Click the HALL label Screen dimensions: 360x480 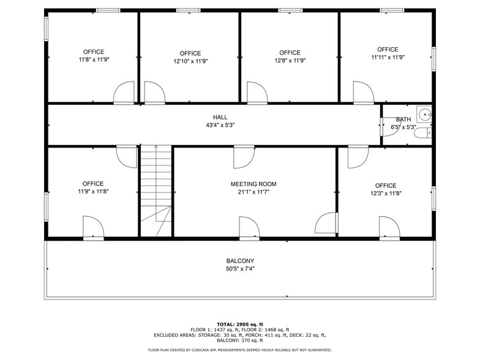[x=220, y=117]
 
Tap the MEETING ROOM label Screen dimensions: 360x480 [x=253, y=184]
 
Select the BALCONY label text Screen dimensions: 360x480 [x=240, y=261]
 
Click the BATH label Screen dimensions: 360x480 [x=403, y=119]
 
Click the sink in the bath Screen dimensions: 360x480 [x=424, y=113]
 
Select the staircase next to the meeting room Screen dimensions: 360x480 [x=156, y=190]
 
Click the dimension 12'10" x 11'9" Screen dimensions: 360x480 [x=190, y=61]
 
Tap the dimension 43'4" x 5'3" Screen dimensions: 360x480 [x=220, y=125]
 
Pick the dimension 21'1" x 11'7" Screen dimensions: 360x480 [x=253, y=192]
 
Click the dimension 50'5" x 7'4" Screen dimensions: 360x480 [x=240, y=269]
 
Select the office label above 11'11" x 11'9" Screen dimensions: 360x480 [x=388, y=50]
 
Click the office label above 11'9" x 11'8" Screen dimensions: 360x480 [x=93, y=184]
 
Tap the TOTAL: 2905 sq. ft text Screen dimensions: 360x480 [x=240, y=324]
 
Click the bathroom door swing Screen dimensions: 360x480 [x=386, y=126]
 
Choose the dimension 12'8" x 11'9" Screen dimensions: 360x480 [x=290, y=61]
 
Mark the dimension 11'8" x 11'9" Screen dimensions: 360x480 [x=94, y=59]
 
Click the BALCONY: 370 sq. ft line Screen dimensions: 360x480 [x=240, y=340]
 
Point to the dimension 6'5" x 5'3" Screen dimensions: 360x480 [x=403, y=127]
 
